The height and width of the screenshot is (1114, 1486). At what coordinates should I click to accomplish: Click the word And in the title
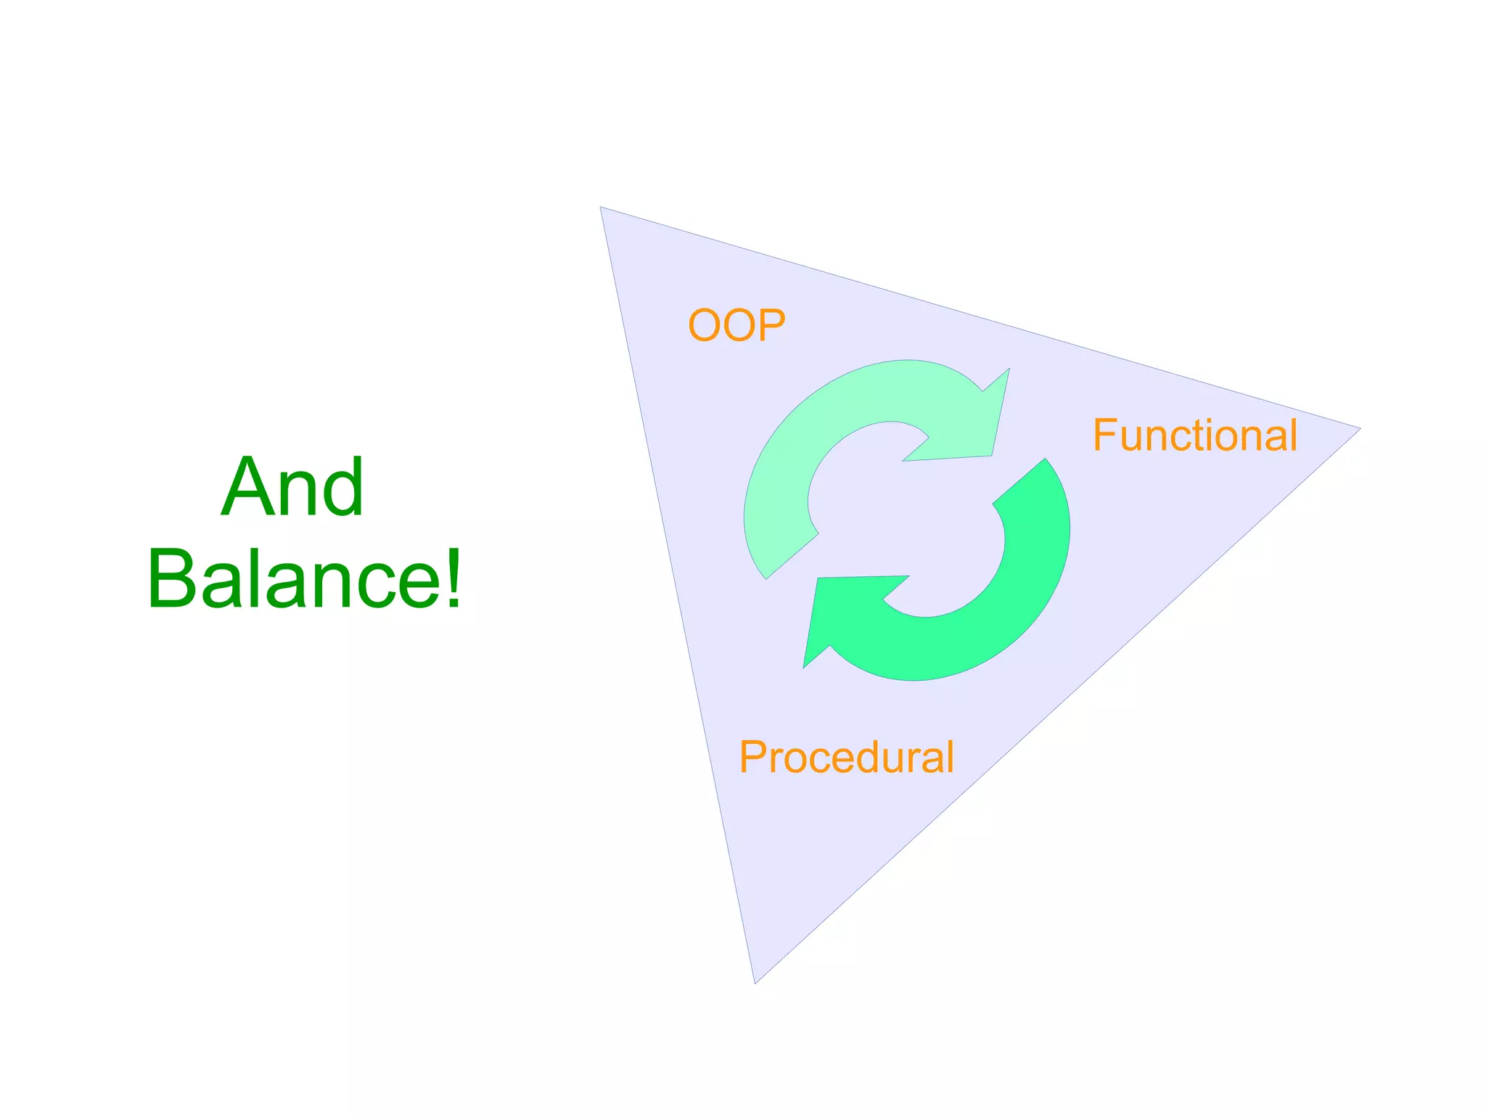292,487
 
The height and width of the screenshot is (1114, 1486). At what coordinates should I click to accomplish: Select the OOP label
736,325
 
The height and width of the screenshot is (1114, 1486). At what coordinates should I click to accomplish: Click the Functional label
1195,435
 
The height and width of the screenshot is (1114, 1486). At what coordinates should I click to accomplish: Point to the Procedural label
846,757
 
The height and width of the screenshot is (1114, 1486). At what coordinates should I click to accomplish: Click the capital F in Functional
1104,435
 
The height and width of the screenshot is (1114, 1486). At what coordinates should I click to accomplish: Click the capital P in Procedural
752,757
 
